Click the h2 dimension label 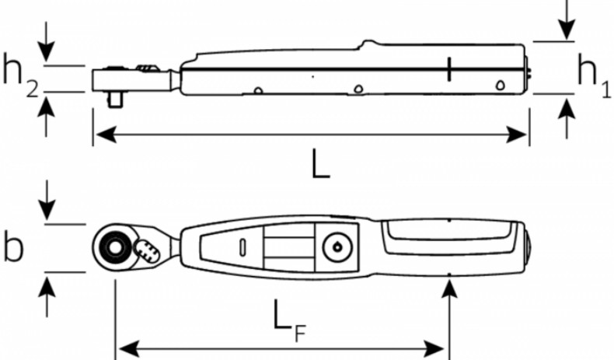coord(20,76)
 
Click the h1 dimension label coord(594,76)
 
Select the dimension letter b coord(14,247)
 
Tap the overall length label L coord(321,165)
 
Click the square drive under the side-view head coord(115,100)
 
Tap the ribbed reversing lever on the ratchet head coord(147,250)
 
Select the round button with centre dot coord(337,247)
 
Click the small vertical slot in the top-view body coord(242,247)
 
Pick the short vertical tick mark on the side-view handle coord(449,69)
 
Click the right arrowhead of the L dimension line coord(516,135)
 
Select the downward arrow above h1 coord(567,19)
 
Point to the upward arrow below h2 coord(46,117)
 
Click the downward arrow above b coord(47,200)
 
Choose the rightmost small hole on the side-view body coord(500,85)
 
